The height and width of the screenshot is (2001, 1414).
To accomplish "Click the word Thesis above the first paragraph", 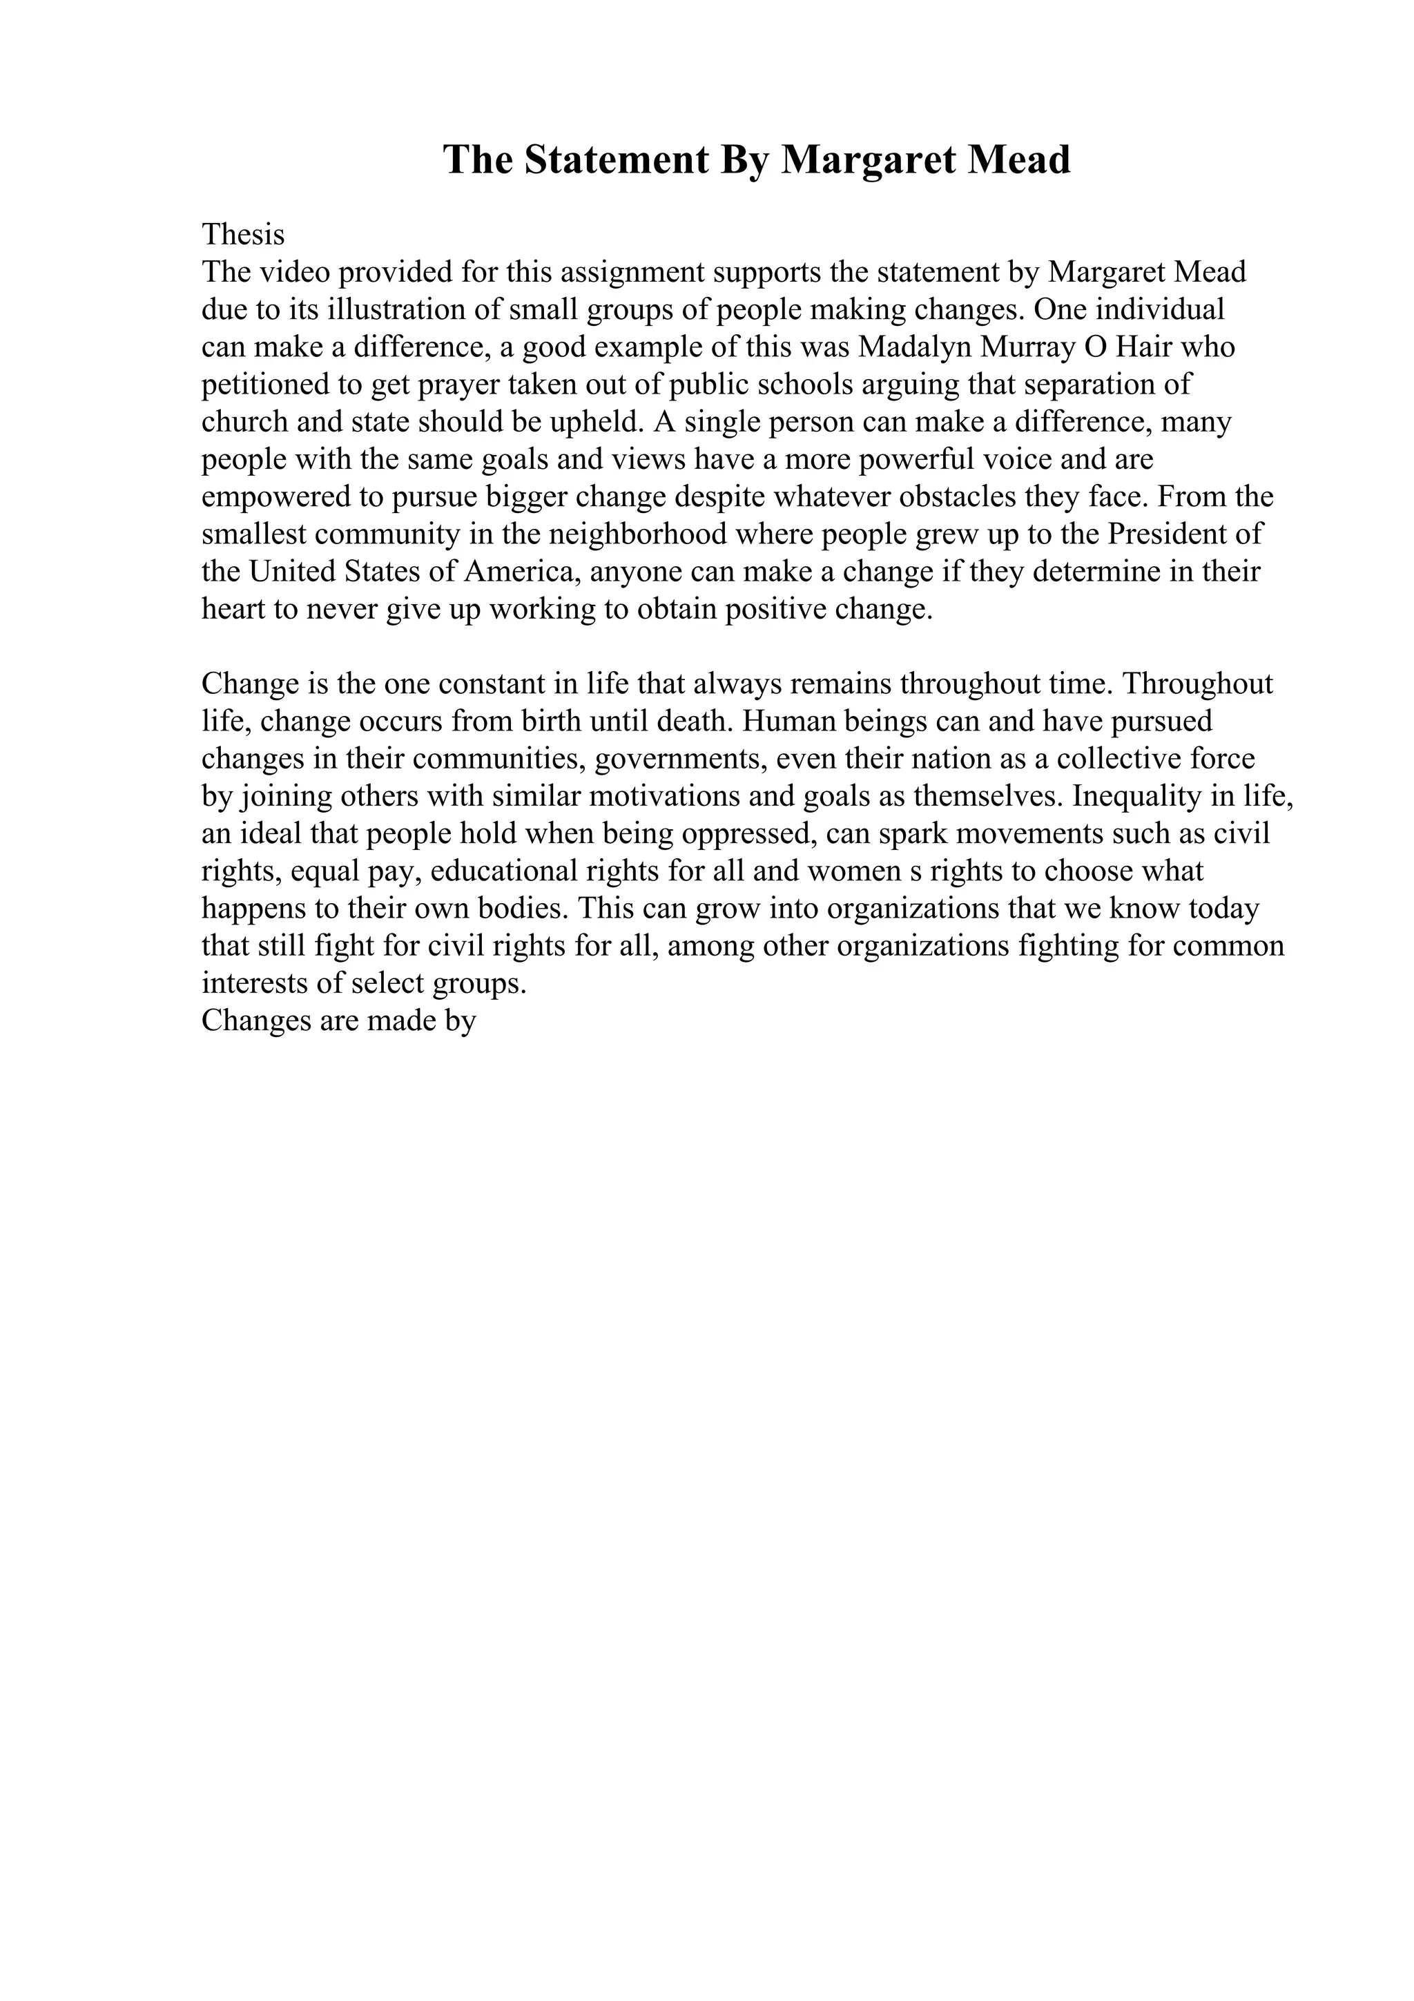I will click(x=243, y=235).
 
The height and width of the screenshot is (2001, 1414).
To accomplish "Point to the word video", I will click(x=293, y=272).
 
